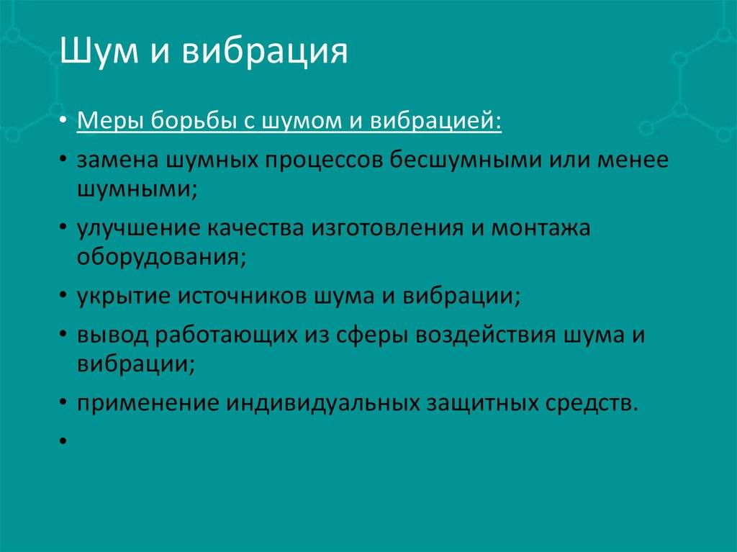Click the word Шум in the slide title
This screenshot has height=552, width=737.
[99, 51]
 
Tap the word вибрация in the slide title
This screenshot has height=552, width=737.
[265, 51]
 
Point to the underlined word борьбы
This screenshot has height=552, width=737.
[194, 120]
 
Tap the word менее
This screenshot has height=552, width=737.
[633, 160]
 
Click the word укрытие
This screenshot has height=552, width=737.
[124, 297]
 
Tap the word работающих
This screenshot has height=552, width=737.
[226, 335]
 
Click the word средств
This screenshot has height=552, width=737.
[592, 404]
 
